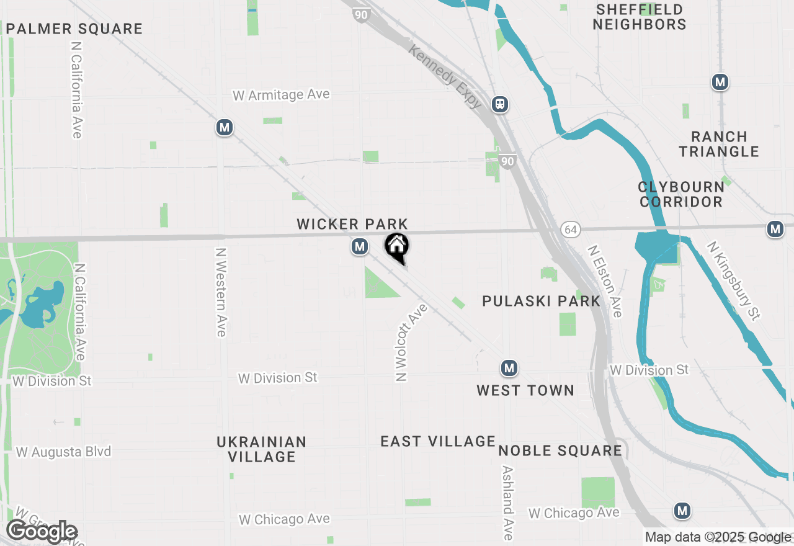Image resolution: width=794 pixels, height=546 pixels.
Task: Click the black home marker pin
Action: pyautogui.click(x=397, y=247)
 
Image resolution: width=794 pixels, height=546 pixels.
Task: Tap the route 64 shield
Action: pyautogui.click(x=571, y=230)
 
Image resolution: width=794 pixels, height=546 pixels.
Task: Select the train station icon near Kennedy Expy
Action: pyautogui.click(x=500, y=104)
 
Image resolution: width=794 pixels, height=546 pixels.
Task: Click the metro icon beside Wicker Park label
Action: pyautogui.click(x=359, y=247)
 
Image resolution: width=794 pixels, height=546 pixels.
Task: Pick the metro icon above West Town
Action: pyautogui.click(x=509, y=369)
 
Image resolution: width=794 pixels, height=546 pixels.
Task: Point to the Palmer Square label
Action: pyautogui.click(x=74, y=29)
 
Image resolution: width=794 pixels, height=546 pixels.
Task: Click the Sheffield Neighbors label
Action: pyautogui.click(x=639, y=17)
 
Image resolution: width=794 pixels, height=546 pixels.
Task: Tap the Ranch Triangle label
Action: pyautogui.click(x=718, y=144)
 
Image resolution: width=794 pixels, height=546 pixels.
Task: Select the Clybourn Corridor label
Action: pyautogui.click(x=681, y=194)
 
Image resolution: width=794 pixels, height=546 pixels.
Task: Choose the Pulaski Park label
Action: pyautogui.click(x=541, y=302)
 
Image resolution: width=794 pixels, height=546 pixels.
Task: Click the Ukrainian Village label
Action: pyautogui.click(x=261, y=449)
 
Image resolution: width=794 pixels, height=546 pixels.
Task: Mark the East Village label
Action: pyautogui.click(x=438, y=441)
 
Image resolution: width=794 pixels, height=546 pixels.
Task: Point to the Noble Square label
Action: pyautogui.click(x=560, y=450)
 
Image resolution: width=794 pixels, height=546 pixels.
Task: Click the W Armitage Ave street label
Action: pyautogui.click(x=281, y=95)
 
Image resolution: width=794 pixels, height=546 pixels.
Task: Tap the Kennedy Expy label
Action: pyautogui.click(x=444, y=76)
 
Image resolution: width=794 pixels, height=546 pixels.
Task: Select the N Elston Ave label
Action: pyautogui.click(x=605, y=281)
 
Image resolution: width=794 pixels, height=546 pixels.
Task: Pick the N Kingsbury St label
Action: pyautogui.click(x=733, y=280)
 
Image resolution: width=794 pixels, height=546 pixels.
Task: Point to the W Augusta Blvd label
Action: pyautogui.click(x=63, y=452)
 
